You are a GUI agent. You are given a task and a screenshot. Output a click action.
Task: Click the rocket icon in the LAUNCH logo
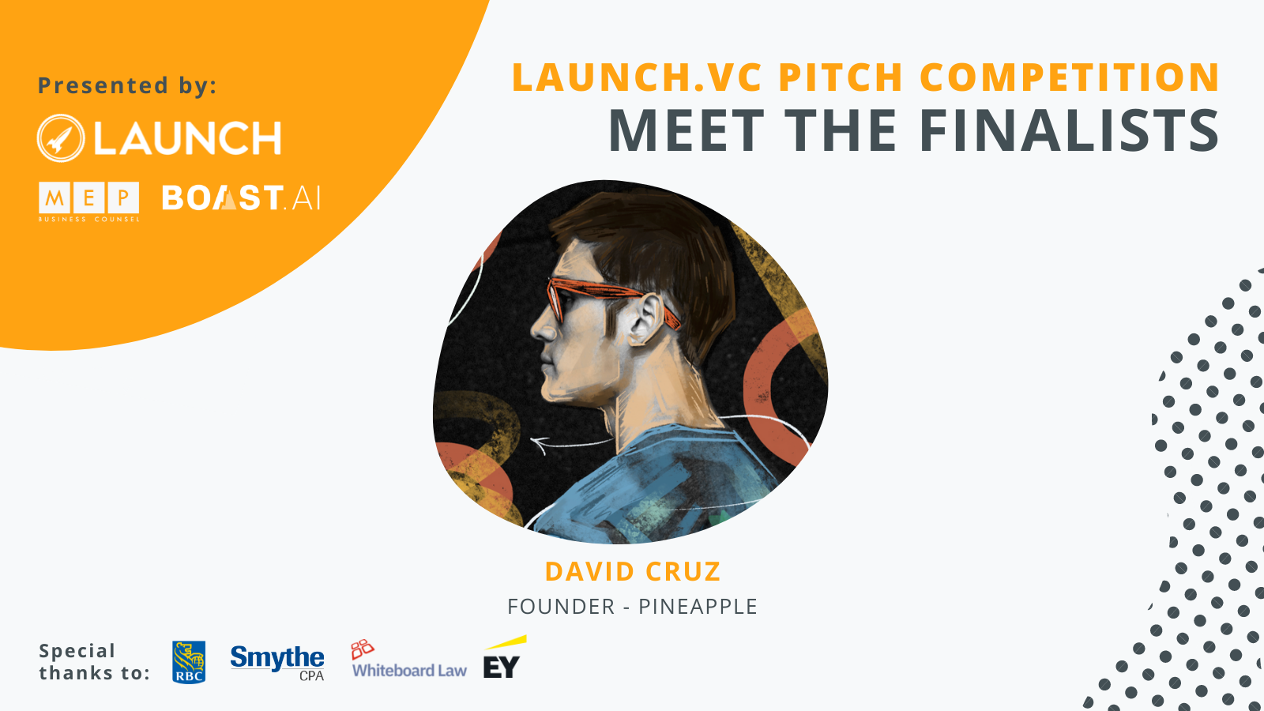(61, 138)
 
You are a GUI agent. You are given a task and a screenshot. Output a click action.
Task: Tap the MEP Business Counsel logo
(88, 201)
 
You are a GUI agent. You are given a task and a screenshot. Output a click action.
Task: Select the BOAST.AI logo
(242, 197)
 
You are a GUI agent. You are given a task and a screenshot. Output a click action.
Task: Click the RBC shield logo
(189, 662)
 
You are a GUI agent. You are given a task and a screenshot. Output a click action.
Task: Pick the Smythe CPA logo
(277, 663)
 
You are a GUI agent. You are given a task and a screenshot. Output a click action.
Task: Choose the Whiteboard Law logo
(409, 659)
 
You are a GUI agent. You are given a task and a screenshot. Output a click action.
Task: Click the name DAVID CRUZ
(633, 572)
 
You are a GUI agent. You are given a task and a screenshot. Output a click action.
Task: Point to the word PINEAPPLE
(698, 607)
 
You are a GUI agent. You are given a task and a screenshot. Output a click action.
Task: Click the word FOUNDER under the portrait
(561, 607)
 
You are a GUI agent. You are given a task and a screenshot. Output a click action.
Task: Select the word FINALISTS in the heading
(1069, 130)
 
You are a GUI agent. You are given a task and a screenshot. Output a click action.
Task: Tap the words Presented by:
(127, 86)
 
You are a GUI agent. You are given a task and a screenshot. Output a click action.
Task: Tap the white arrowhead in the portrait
(540, 444)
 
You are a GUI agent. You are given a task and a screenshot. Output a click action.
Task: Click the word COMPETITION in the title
(1070, 77)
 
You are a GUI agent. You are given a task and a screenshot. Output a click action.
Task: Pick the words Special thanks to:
(94, 662)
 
